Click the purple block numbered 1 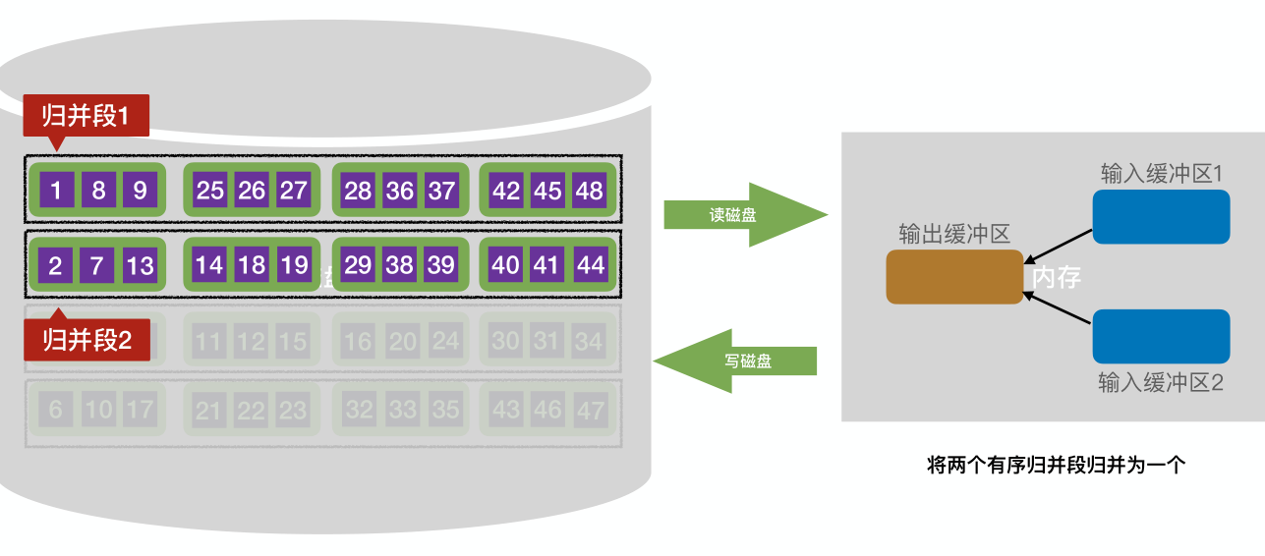click(x=56, y=190)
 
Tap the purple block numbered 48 click(x=589, y=190)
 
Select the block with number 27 click(x=293, y=190)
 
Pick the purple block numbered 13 click(x=140, y=264)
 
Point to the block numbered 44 click(x=590, y=264)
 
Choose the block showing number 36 click(x=399, y=190)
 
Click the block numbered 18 click(x=252, y=264)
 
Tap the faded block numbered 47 click(x=590, y=410)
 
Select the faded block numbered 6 click(x=55, y=410)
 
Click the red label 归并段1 click(x=86, y=116)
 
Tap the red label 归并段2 click(x=86, y=341)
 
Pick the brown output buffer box click(x=954, y=277)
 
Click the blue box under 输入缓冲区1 click(x=1161, y=216)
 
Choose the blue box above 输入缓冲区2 click(x=1161, y=336)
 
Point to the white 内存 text click(x=1057, y=278)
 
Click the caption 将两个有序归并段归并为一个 click(x=1057, y=466)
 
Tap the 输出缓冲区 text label click(x=954, y=234)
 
